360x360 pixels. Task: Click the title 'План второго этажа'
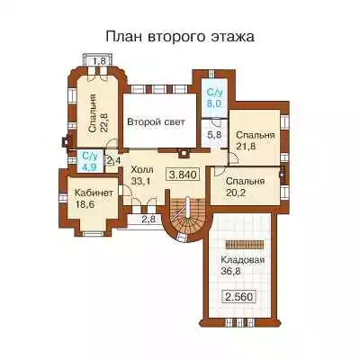click(x=180, y=37)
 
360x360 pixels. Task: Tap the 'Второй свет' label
click(x=156, y=122)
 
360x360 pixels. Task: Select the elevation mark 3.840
click(x=183, y=175)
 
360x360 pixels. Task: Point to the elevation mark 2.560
click(x=239, y=297)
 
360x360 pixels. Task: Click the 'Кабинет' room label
click(x=94, y=193)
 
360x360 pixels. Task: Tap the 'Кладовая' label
click(x=243, y=259)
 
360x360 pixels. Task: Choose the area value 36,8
click(x=231, y=272)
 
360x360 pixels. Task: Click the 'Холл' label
click(x=142, y=169)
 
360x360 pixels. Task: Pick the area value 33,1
click(x=141, y=181)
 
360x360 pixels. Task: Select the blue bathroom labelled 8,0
click(x=214, y=98)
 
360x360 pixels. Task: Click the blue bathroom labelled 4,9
click(x=90, y=161)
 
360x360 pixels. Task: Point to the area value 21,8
click(x=246, y=147)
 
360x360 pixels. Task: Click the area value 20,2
click(x=236, y=193)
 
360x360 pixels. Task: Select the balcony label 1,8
click(x=99, y=61)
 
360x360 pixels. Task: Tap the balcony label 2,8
click(x=148, y=220)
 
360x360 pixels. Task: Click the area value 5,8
click(x=214, y=135)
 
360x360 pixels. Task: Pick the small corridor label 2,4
click(x=113, y=160)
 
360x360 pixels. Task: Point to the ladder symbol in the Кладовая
click(x=244, y=244)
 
